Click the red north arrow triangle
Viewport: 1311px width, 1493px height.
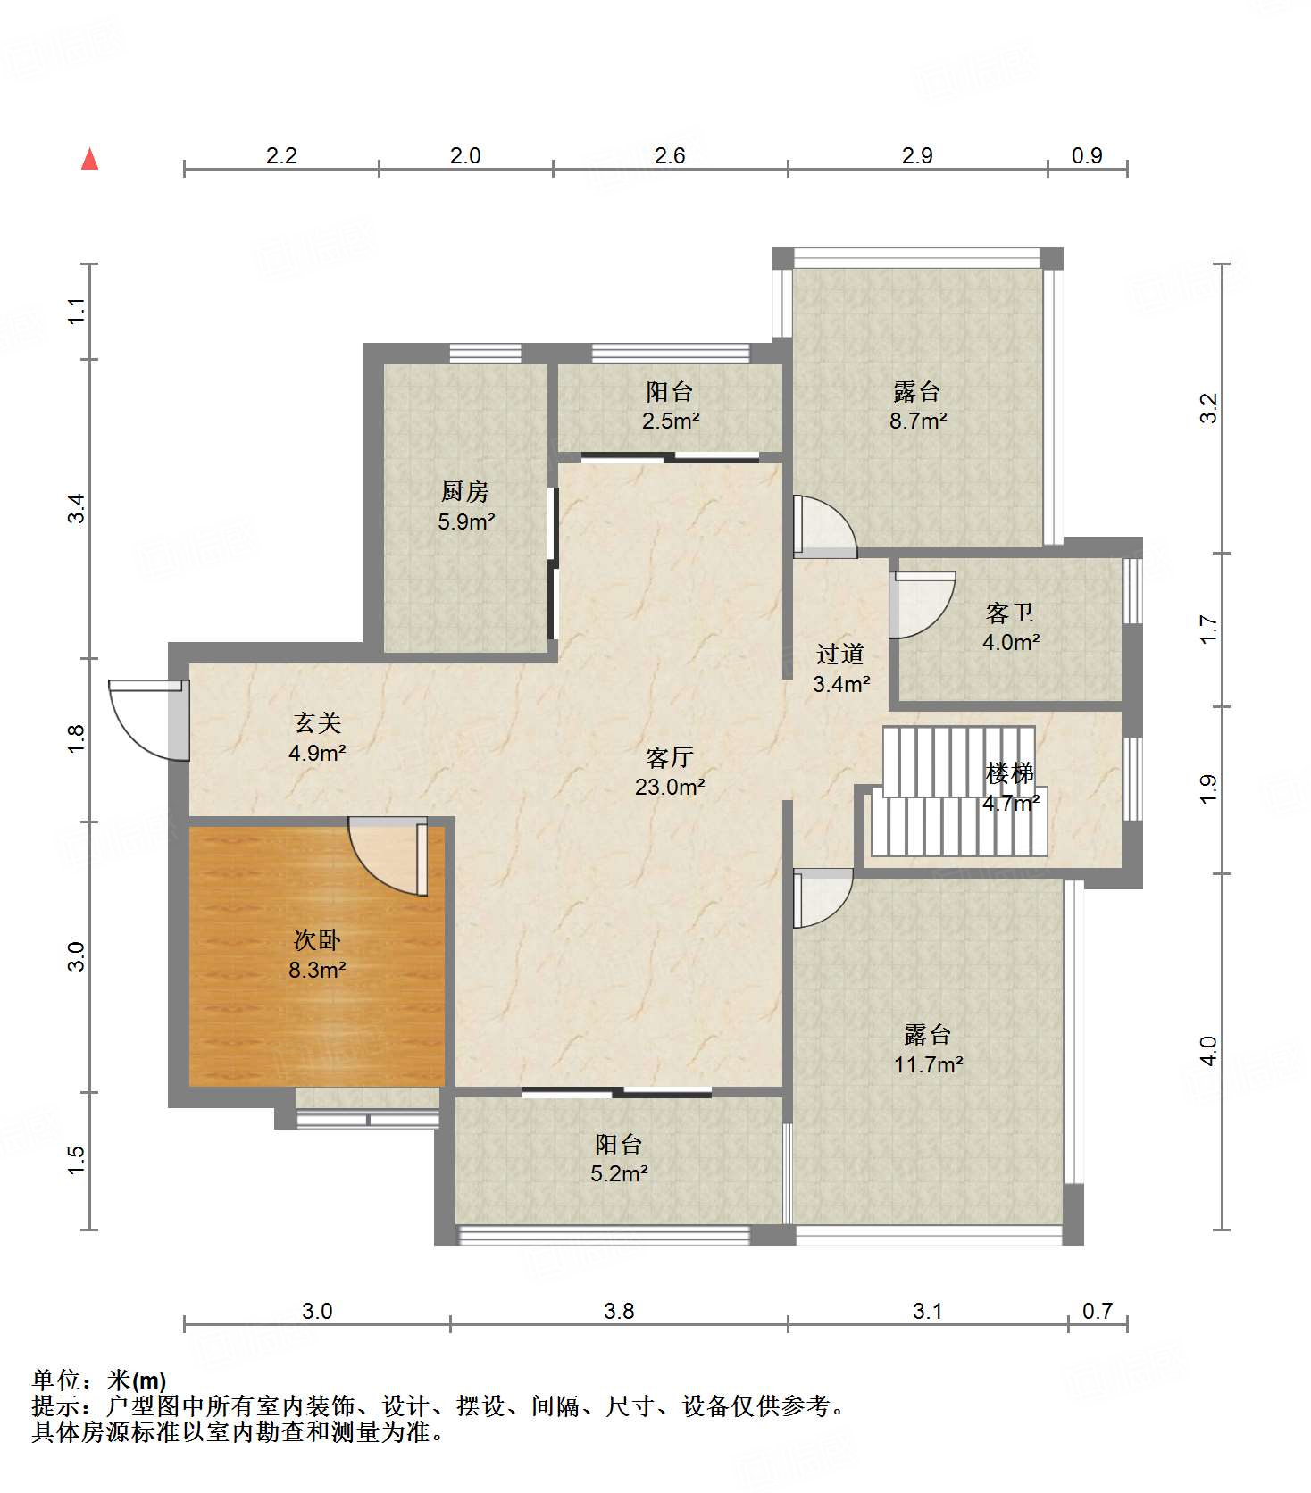(x=89, y=159)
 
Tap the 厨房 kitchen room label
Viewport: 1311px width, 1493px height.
(x=465, y=506)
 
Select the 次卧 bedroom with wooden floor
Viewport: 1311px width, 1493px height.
(x=317, y=955)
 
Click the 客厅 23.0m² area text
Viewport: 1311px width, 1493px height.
(x=670, y=772)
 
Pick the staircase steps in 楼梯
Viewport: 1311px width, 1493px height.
(x=958, y=790)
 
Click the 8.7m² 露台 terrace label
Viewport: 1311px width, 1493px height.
(x=917, y=406)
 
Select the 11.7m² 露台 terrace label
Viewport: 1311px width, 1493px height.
(x=928, y=1049)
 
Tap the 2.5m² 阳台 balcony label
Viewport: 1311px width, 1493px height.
(x=670, y=406)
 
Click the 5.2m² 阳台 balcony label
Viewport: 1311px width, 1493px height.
(x=619, y=1159)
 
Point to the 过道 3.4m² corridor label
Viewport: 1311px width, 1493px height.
(x=840, y=669)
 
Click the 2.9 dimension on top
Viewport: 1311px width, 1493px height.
(x=917, y=155)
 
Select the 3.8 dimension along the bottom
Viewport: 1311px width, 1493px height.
(x=619, y=1311)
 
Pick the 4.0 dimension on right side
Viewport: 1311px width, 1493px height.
(x=1208, y=1051)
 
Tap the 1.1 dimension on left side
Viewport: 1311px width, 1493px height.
(x=77, y=311)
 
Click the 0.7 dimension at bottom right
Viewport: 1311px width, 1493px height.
(x=1098, y=1311)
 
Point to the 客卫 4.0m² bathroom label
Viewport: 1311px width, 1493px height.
(x=1011, y=627)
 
